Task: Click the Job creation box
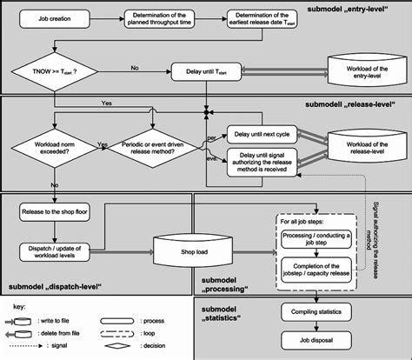click(55, 17)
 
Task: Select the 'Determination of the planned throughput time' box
click(161, 19)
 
